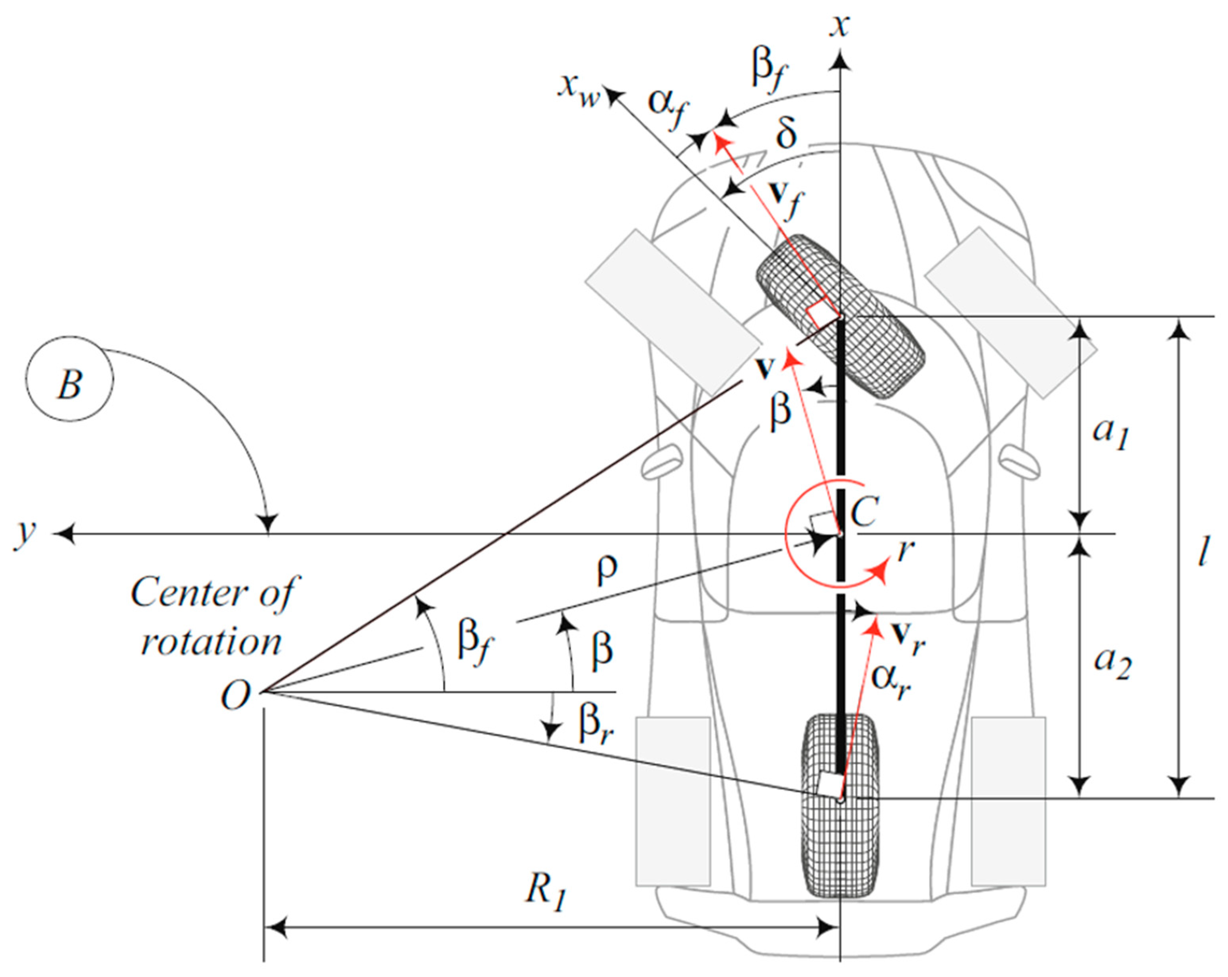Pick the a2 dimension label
point(1112,664)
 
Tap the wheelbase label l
point(1202,552)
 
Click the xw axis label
point(579,91)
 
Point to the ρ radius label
point(606,570)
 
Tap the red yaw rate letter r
point(905,551)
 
